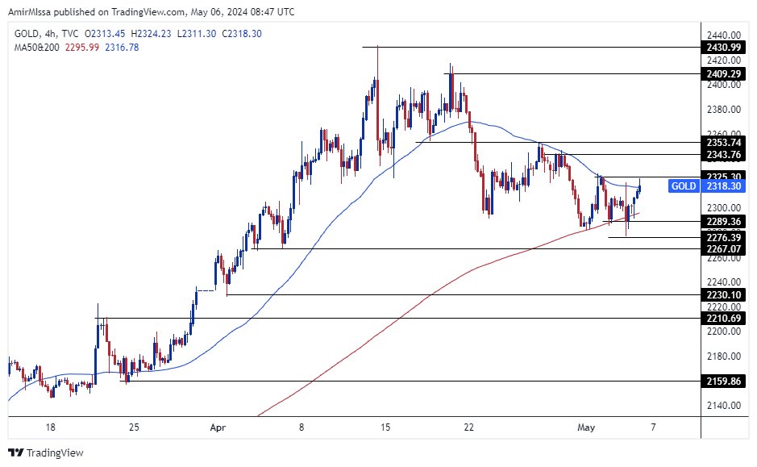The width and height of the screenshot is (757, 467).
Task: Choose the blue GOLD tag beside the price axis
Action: [684, 186]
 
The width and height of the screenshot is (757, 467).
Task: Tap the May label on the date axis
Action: [587, 427]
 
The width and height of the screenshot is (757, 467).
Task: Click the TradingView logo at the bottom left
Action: [46, 452]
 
